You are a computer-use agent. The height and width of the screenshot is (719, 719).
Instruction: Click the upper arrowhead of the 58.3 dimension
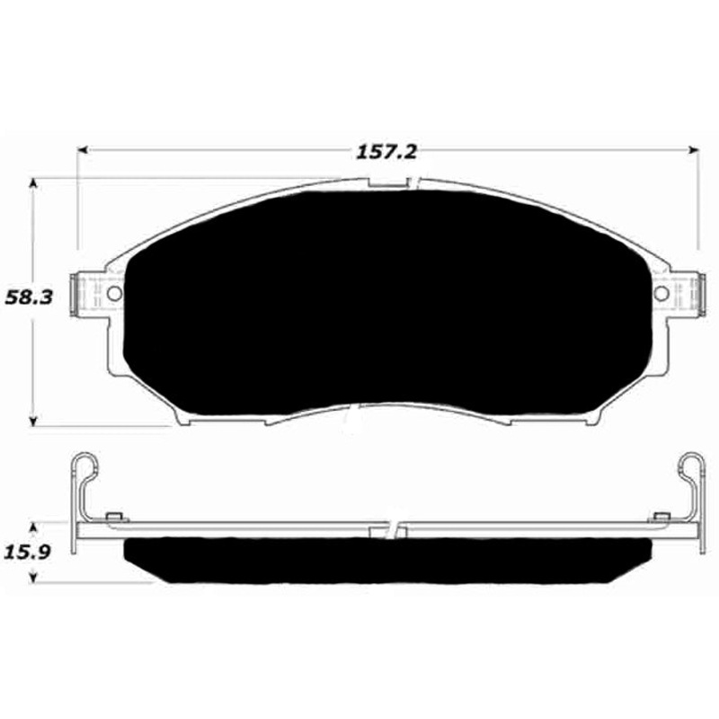click(x=34, y=182)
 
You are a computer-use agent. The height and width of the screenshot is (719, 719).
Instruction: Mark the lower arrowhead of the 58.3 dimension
click(x=34, y=420)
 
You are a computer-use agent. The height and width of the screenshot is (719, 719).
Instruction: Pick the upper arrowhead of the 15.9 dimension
click(x=34, y=524)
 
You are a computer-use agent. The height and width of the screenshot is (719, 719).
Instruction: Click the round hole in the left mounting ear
click(x=114, y=294)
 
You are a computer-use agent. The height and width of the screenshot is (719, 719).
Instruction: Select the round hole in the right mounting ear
click(x=662, y=294)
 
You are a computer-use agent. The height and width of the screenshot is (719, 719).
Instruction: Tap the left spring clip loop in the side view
click(x=82, y=465)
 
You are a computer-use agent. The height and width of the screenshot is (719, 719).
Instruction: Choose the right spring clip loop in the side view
click(x=691, y=465)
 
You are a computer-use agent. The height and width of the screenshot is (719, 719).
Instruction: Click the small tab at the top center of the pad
click(x=388, y=183)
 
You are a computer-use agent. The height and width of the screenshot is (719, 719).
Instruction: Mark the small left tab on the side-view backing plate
click(x=113, y=516)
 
